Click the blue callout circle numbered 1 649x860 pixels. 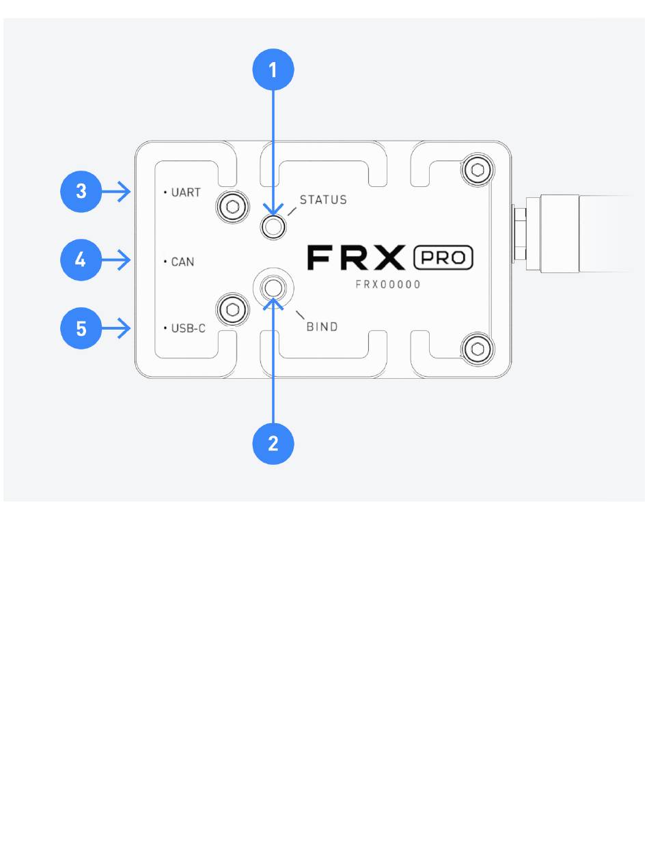point(273,70)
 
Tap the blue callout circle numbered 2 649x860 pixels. point(273,444)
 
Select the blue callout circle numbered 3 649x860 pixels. point(81,192)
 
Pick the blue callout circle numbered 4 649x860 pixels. point(81,260)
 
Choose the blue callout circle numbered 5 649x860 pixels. point(81,328)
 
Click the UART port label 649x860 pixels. point(186,192)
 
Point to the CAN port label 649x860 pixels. point(182,261)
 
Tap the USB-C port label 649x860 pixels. point(189,328)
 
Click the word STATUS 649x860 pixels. point(323,200)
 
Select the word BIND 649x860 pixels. point(322,327)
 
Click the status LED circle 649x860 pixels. point(273,227)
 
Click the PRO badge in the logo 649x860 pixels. point(443,257)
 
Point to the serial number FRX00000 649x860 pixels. point(388,285)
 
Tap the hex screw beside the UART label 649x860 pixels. point(232,207)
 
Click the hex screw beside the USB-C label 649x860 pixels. point(232,309)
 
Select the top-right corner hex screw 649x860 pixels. point(478,170)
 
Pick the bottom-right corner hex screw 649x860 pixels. point(478,349)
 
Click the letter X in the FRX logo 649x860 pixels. point(389,257)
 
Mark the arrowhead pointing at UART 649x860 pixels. point(124,192)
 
